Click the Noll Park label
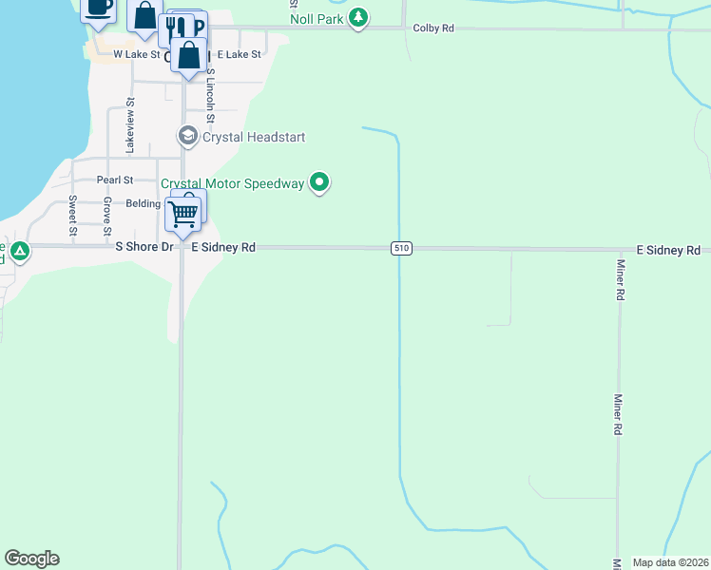(x=317, y=19)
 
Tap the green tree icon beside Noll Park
(x=358, y=17)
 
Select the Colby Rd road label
(x=433, y=28)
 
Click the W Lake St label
(x=137, y=55)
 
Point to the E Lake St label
(x=239, y=55)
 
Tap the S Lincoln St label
(x=211, y=95)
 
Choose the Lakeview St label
(x=130, y=131)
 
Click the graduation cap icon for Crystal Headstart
(x=188, y=137)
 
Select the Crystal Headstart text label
(x=254, y=137)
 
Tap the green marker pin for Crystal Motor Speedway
(x=320, y=182)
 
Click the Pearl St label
(x=115, y=180)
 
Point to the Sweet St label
(x=72, y=216)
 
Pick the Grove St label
(x=107, y=218)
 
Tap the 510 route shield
(x=401, y=248)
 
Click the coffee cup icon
(x=98, y=7)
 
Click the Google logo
(x=31, y=559)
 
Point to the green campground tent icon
(x=19, y=252)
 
